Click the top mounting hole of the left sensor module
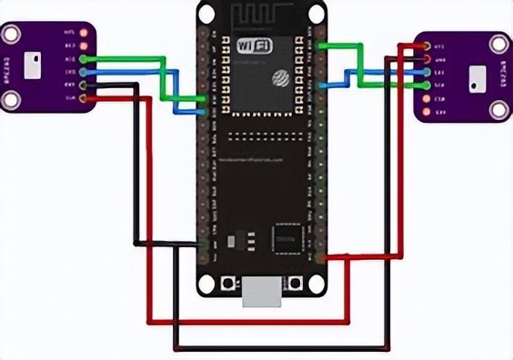click(x=10, y=35)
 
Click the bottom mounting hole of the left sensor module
click(x=10, y=97)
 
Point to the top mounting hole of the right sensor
click(x=499, y=44)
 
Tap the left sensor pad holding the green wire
click(x=84, y=58)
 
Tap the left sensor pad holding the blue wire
click(x=84, y=71)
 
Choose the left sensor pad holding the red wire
click(x=84, y=97)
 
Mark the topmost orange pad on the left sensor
click(x=84, y=32)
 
